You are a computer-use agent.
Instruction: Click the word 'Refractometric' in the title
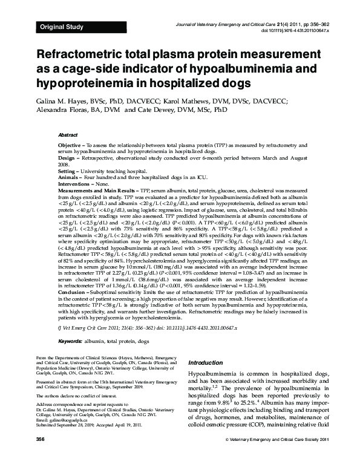click(x=83, y=53)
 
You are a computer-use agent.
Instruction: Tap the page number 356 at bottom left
click(x=41, y=456)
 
